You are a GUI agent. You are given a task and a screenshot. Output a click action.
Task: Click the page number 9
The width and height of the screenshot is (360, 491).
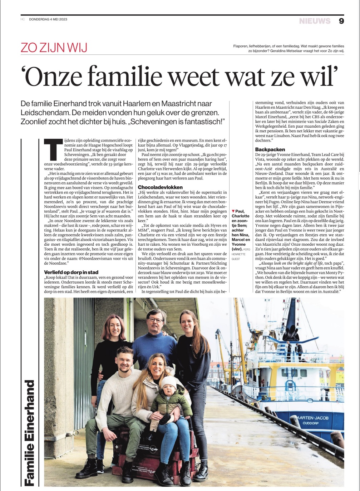point(341,21)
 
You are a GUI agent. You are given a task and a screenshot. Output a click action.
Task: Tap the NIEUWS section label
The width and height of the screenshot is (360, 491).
point(315,21)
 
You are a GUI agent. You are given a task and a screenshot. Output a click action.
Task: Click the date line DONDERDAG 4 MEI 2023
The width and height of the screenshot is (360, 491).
point(48,19)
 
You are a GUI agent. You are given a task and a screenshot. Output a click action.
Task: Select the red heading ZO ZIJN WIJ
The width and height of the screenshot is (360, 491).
point(54,48)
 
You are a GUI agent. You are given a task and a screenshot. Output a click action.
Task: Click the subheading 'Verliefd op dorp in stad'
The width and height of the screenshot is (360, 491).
point(71,272)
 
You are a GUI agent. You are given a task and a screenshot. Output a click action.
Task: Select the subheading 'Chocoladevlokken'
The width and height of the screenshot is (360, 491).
point(160,187)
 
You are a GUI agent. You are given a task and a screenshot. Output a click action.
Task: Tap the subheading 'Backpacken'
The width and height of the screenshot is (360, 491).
point(270,149)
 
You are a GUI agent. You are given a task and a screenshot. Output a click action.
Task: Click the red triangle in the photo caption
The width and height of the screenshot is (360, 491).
point(233,211)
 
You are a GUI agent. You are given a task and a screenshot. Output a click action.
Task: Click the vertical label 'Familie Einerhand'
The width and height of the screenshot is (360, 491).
point(29,433)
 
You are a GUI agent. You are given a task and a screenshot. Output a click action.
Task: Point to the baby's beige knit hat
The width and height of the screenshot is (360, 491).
point(168,382)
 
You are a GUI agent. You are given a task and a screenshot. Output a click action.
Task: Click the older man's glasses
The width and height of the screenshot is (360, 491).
point(156,320)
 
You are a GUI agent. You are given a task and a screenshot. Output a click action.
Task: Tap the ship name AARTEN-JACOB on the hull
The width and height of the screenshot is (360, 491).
point(313,418)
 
